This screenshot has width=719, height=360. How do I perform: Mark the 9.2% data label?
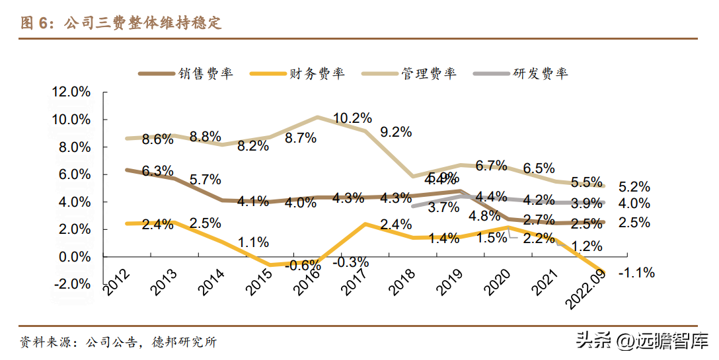coord(396,132)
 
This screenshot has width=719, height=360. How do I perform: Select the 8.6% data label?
coord(158,139)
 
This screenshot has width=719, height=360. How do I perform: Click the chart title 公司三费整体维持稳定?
coord(143,24)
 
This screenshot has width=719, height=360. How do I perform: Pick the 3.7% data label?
coord(444,207)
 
